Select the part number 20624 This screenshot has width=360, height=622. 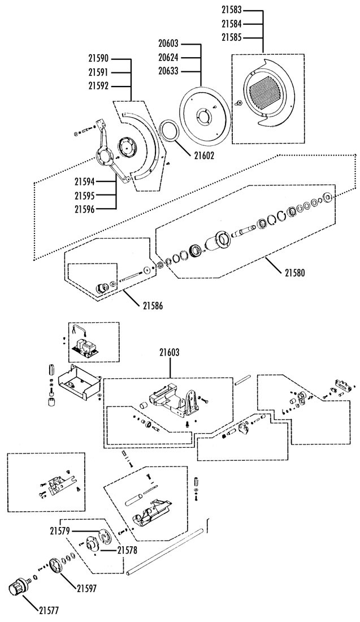[x=168, y=57]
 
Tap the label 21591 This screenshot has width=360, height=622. [x=99, y=72]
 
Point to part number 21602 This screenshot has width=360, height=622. [x=204, y=156]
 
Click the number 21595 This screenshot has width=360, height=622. [x=85, y=195]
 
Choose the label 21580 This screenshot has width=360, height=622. [x=294, y=273]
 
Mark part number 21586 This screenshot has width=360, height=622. [x=152, y=306]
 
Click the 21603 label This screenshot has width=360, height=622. [x=170, y=352]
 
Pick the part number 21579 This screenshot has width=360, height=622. [x=60, y=530]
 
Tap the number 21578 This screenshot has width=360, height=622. [x=127, y=550]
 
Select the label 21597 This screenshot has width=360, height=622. [x=87, y=588]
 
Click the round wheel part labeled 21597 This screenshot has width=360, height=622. [x=57, y=565]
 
